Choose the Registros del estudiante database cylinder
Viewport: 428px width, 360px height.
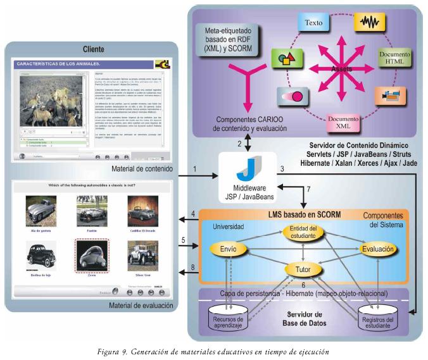tap(382, 320)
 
